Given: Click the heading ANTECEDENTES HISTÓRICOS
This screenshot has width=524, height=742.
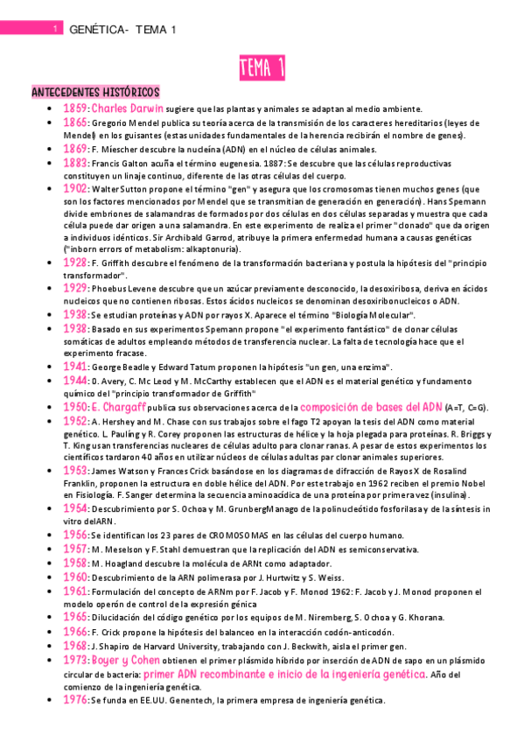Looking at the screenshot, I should coord(94,92).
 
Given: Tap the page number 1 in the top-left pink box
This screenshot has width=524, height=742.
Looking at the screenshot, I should coord(55,30).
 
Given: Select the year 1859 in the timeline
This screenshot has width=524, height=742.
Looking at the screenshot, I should coord(74,108).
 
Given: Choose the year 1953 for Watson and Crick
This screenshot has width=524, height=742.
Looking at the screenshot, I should coord(74,469).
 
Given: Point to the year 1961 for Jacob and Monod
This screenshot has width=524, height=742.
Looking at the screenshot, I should coord(74,591).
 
